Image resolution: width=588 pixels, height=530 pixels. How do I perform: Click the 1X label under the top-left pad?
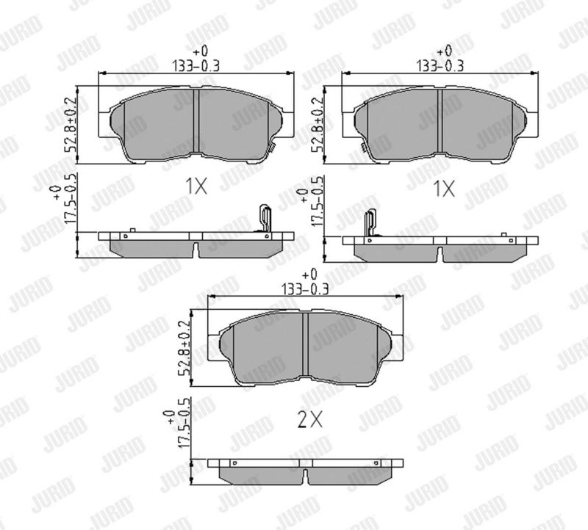tap(196, 186)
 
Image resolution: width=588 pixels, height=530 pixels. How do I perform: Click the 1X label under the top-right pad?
tap(444, 189)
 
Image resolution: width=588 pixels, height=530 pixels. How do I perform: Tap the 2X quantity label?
tap(309, 420)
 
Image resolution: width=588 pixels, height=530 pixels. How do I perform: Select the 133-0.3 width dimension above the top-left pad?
tap(196, 66)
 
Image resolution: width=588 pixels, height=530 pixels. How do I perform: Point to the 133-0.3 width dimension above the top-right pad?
tap(440, 66)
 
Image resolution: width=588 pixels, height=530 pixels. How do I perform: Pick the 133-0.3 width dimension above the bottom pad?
tap(305, 289)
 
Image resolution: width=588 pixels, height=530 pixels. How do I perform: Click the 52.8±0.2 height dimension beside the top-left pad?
tap(71, 124)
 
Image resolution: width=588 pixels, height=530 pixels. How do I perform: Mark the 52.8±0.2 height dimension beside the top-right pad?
tap(318, 124)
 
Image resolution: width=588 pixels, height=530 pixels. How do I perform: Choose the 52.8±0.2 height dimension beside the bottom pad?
tap(184, 349)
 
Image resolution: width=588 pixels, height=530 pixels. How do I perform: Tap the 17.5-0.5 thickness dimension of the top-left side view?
tap(71, 198)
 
